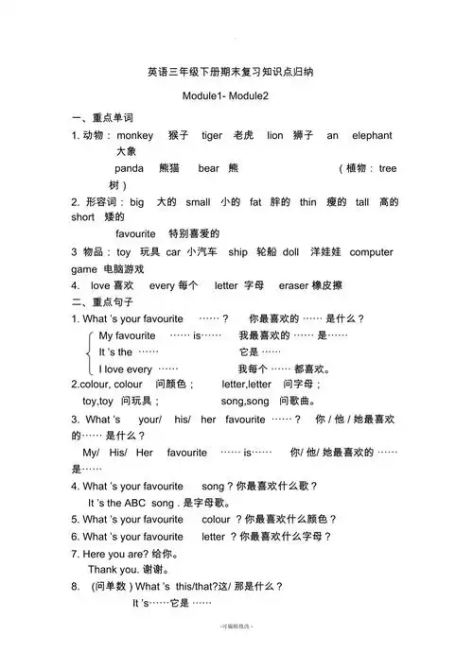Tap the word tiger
pos(212,135)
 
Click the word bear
pos(208,167)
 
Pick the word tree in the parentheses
pos(388,167)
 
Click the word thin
pos(308,201)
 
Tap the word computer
pos(371,252)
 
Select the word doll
pos(290,252)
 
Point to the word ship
pos(237,252)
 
